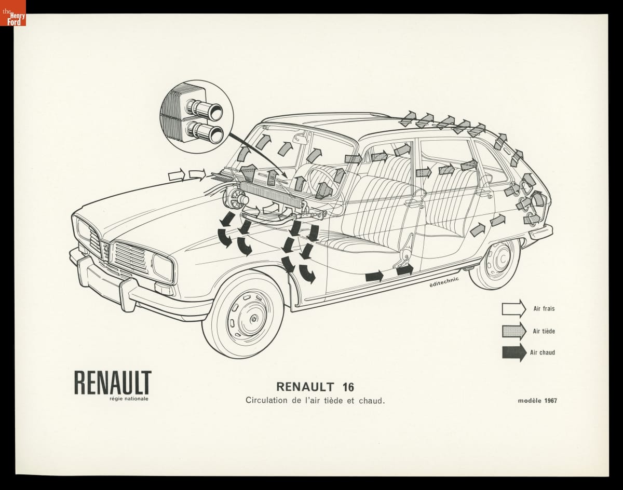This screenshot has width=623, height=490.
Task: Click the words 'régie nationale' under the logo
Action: pos(125,399)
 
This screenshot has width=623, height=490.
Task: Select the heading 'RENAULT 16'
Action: pos(315,387)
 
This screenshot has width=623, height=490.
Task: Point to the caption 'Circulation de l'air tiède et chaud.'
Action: pos(315,401)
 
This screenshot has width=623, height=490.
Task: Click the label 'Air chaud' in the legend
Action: pos(543,352)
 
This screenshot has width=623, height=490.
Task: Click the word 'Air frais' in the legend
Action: pos(544,309)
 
